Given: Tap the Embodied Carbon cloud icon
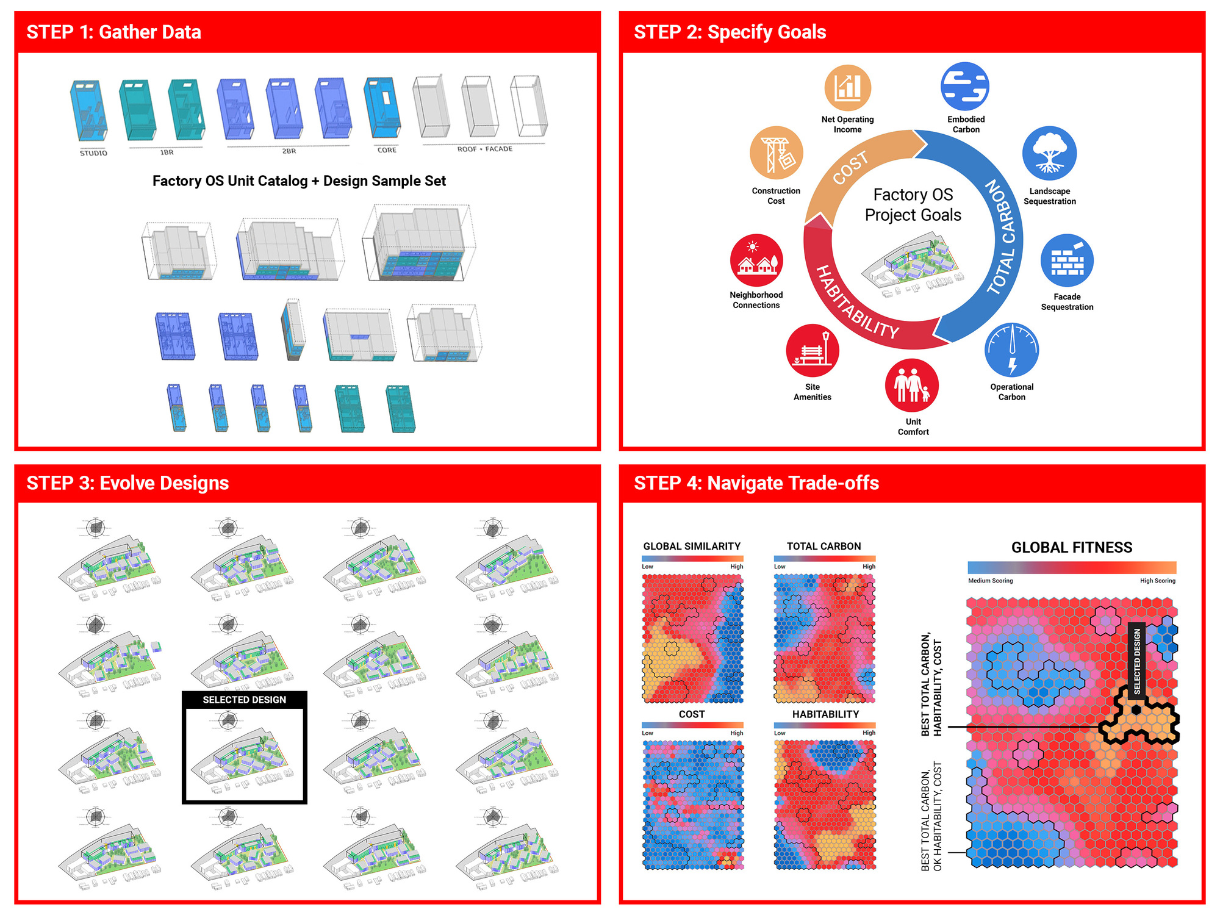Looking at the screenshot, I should [964, 87].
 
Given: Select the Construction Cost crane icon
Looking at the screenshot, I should [776, 153].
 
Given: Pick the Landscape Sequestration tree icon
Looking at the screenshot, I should [1049, 153].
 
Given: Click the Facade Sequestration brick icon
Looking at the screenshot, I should [1067, 261].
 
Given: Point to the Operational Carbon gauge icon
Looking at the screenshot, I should [1011, 350].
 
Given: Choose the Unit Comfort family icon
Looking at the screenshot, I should [912, 385].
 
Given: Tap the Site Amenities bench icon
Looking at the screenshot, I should [812, 350].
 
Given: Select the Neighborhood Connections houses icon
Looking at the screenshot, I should [756, 260].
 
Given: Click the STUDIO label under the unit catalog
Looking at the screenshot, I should [93, 153].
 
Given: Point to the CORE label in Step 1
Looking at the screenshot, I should [387, 150].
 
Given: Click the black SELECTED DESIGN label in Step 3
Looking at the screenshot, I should [244, 700].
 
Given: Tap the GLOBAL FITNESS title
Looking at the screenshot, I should [1071, 547].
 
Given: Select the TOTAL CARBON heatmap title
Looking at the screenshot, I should [823, 547].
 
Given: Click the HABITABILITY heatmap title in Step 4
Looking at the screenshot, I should [825, 714].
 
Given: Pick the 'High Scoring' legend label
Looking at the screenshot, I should [1157, 581].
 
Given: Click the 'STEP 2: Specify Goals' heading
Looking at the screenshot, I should [730, 32].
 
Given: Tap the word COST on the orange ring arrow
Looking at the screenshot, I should [850, 168].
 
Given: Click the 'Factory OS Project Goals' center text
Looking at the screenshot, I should [913, 205].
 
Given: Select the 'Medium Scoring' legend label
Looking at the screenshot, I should [990, 581].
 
